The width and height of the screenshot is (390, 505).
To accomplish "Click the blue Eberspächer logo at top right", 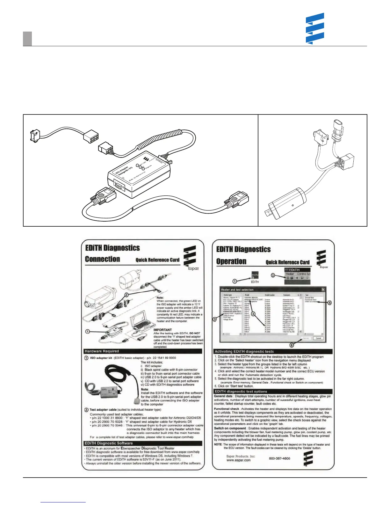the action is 315,28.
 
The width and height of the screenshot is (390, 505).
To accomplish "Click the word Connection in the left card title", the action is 102,259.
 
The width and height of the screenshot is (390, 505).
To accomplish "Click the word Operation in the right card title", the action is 231,261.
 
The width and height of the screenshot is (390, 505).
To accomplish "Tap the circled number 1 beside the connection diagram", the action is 87,332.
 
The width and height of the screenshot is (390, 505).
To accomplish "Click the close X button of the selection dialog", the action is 323,289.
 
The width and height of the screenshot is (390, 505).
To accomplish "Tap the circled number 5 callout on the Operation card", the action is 329,303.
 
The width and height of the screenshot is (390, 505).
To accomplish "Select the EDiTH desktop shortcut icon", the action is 255,276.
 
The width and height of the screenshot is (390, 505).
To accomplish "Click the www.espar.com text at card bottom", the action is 238,460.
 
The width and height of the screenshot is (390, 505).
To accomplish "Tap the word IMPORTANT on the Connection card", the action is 162,330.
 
